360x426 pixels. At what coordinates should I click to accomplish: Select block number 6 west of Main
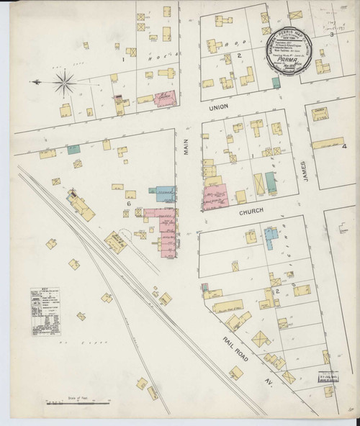[127, 204]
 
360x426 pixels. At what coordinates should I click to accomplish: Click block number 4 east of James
[344, 147]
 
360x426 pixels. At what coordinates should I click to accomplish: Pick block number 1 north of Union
[125, 60]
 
